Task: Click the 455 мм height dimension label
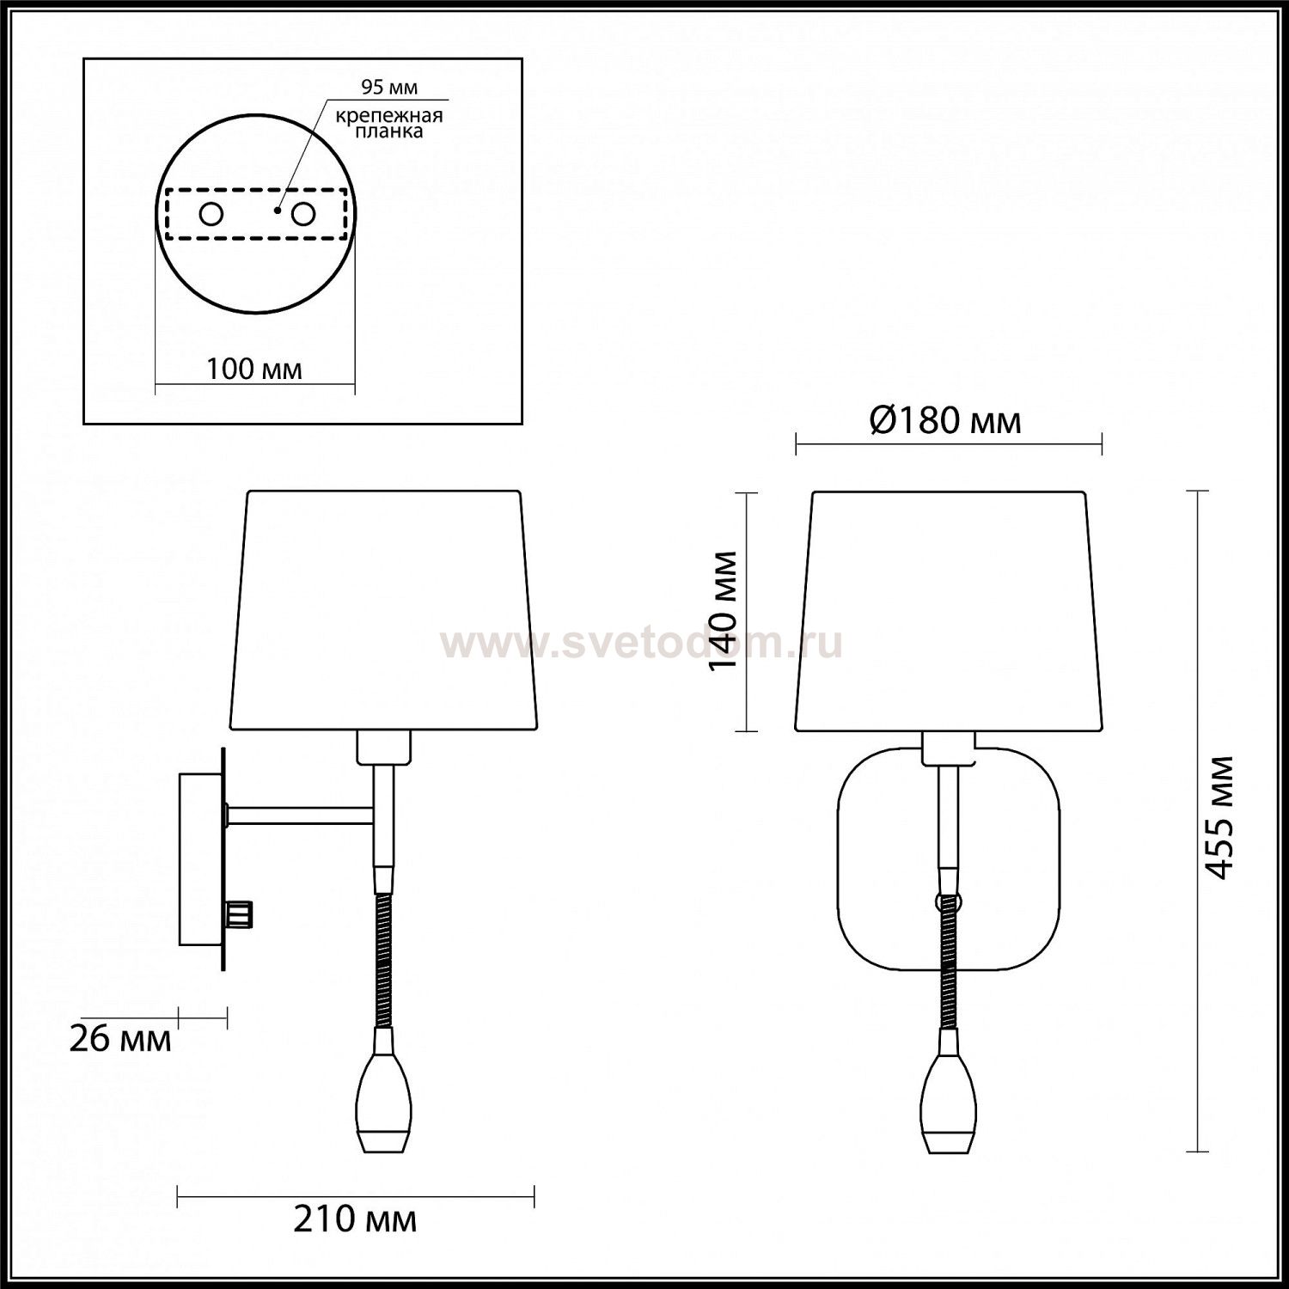(1219, 816)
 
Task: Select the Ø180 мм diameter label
(945, 421)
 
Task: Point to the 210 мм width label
(355, 1219)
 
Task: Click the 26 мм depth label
(119, 1039)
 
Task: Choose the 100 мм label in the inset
(254, 369)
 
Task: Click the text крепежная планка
(389, 124)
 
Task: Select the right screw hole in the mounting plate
(302, 214)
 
